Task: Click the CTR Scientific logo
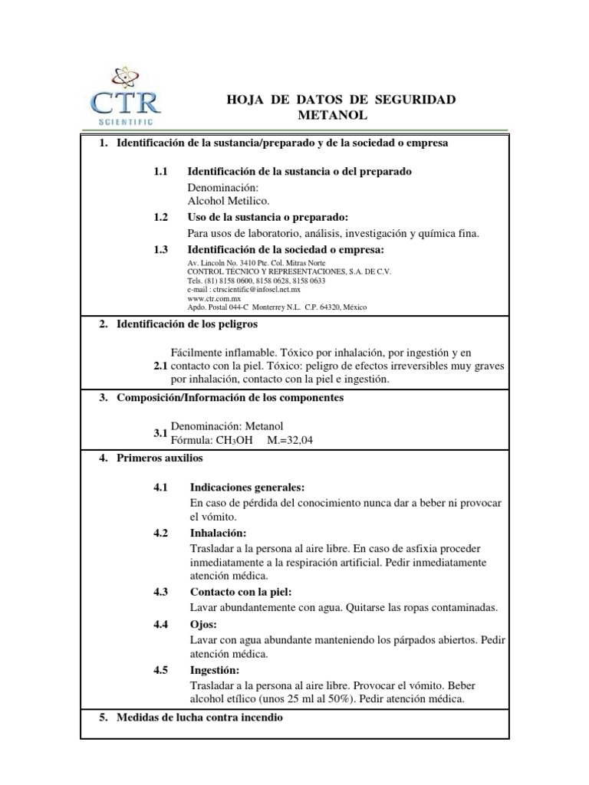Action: click(125, 97)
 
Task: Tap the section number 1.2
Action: click(160, 218)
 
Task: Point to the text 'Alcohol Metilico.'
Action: click(229, 201)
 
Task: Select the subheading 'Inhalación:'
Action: click(219, 533)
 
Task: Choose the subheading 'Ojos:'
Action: click(203, 624)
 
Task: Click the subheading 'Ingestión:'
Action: click(217, 669)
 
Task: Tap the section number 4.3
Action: click(160, 592)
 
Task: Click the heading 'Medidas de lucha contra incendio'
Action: click(199, 718)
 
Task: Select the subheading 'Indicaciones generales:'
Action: click(247, 487)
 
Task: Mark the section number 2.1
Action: click(160, 366)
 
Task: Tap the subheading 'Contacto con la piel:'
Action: click(240, 592)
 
